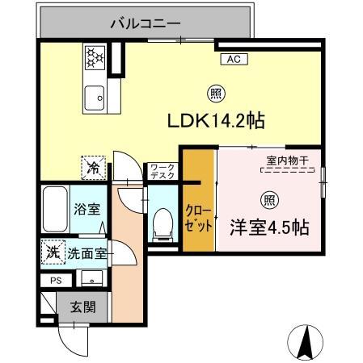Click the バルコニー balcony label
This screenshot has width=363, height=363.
click(145, 24)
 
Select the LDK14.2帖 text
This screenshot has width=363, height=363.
click(217, 121)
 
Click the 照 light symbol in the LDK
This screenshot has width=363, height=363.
click(213, 92)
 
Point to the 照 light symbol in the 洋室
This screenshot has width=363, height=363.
click(267, 199)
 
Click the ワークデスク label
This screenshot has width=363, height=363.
click(158, 172)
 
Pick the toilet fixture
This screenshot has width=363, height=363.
click(162, 223)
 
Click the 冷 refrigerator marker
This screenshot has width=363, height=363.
click(95, 168)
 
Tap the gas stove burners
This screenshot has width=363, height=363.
click(96, 56)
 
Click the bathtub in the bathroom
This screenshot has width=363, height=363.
click(56, 211)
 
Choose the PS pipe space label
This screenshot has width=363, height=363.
click(56, 282)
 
